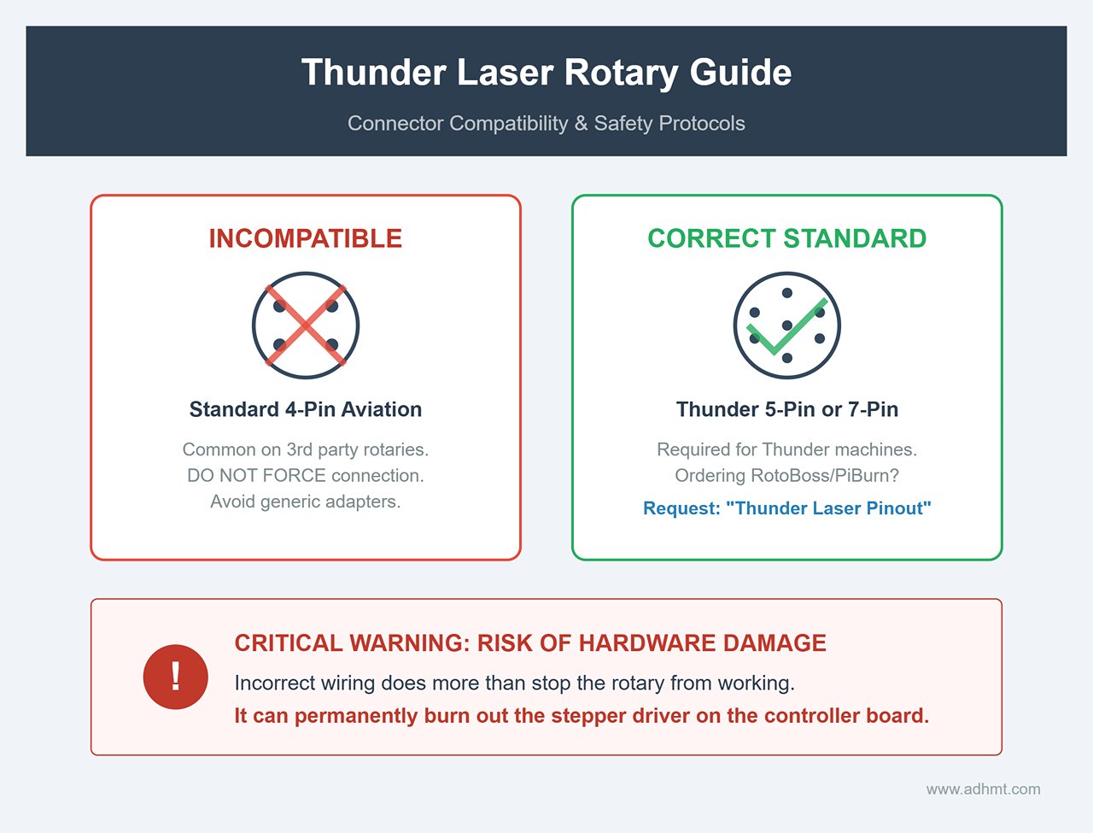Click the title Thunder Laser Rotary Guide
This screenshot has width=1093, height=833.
point(546,73)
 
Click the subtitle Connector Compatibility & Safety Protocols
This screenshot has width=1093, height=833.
point(546,123)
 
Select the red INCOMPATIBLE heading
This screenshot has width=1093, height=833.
point(306,238)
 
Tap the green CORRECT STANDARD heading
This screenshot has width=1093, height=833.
point(786,238)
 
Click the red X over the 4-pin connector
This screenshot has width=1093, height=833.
point(306,326)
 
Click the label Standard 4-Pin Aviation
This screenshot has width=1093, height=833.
point(306,409)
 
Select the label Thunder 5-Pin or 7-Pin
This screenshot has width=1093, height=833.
point(786,409)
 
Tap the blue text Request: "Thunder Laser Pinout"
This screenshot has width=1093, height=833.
point(786,508)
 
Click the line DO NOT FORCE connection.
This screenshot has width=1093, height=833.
point(306,475)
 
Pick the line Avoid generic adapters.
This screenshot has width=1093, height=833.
point(306,502)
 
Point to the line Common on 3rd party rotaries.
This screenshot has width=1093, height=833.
point(306,449)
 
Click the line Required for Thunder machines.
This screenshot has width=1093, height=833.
point(786,449)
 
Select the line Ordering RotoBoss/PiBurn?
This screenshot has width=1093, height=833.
point(786,475)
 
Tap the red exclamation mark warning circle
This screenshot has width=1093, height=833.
point(176,677)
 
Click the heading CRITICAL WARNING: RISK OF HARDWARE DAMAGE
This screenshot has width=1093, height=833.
point(530,643)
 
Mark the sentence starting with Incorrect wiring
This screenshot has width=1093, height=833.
point(514,683)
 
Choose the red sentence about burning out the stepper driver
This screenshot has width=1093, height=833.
point(582,715)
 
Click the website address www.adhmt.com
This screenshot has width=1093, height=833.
point(983,789)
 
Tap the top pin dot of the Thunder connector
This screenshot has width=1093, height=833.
point(787,293)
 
